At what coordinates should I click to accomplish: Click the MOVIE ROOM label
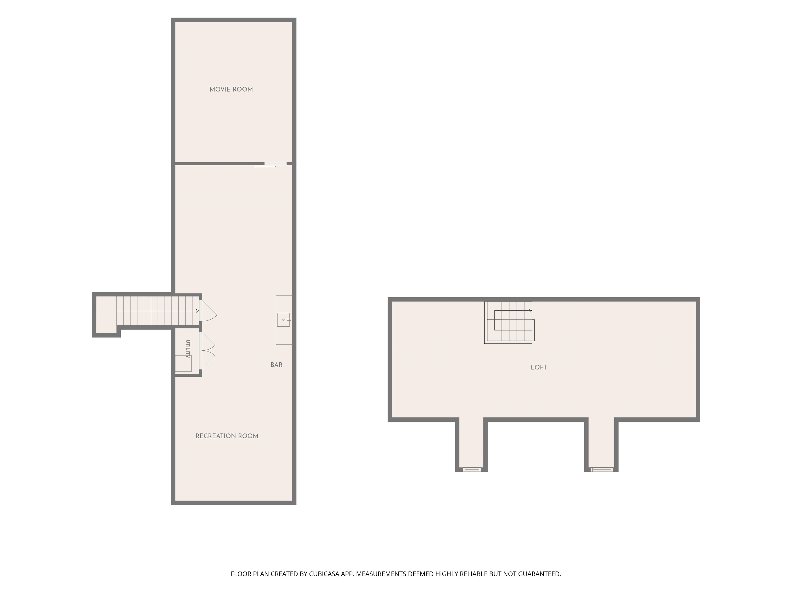pos(231,89)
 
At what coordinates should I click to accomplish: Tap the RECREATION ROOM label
pos(227,436)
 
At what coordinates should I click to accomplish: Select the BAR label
pos(276,365)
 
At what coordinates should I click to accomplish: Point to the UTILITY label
pos(188,349)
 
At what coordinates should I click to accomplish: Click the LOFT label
pos(539,367)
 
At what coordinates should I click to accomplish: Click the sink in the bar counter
pos(283,320)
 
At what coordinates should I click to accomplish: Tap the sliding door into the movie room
pos(270,165)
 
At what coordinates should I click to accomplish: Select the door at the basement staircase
pos(208,310)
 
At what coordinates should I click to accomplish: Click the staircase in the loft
pos(509,322)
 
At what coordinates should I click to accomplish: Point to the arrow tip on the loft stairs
pos(532,310)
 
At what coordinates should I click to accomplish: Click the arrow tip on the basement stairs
pos(199,311)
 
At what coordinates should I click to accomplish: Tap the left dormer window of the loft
pos(472,469)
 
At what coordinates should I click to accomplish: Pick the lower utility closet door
pos(207,360)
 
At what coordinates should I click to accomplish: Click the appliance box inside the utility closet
pos(183,364)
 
